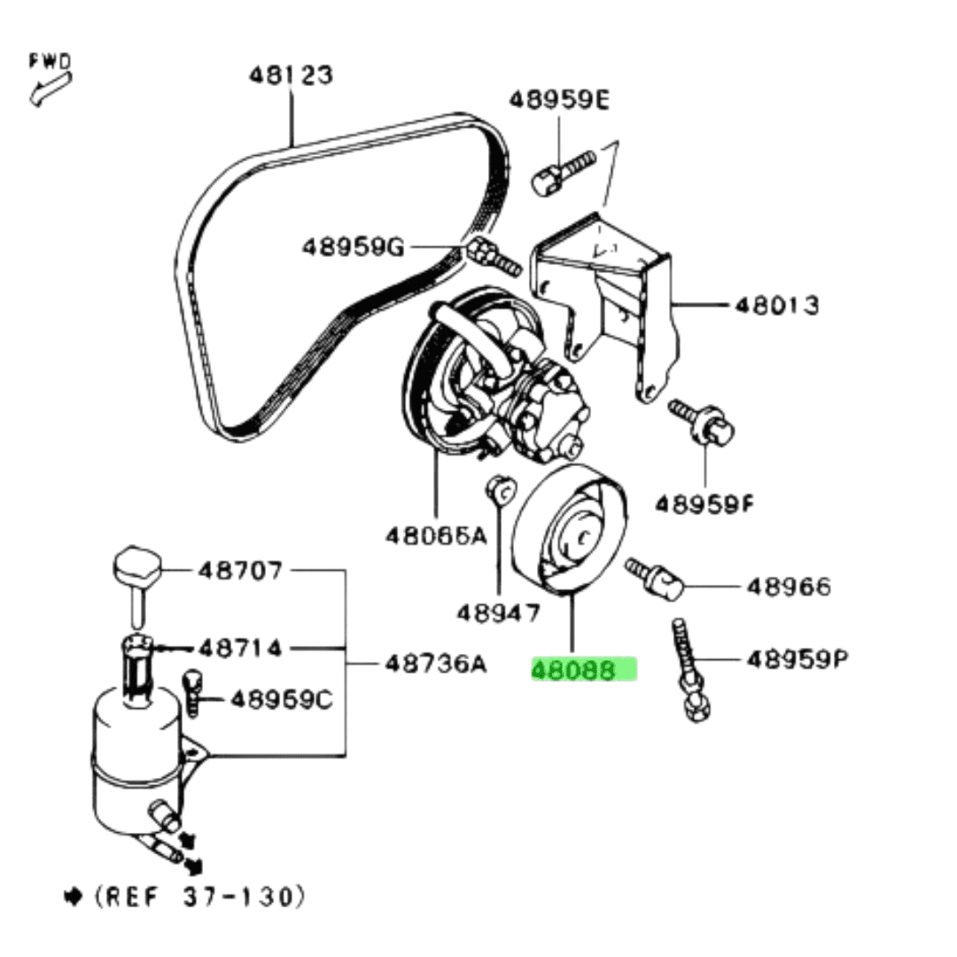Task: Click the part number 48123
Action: [x=292, y=75]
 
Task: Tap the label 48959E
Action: [x=559, y=99]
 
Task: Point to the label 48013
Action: [x=776, y=305]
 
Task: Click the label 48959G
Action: [x=353, y=247]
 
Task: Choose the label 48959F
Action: [x=704, y=504]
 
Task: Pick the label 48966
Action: [x=789, y=587]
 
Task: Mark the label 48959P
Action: [x=797, y=658]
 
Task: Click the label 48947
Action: [x=499, y=612]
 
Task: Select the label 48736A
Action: [x=436, y=663]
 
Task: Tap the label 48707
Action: [x=240, y=570]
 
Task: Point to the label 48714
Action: [x=240, y=648]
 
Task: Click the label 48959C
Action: [x=282, y=699]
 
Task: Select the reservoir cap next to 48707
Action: [x=136, y=586]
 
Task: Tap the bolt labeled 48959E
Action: [x=563, y=173]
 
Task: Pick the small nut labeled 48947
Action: [x=501, y=490]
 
